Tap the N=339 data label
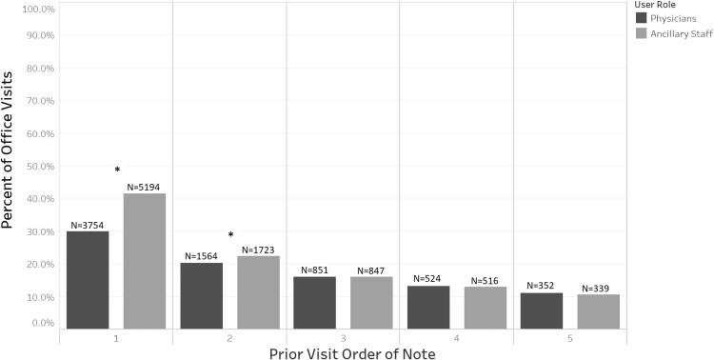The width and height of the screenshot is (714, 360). (599, 288)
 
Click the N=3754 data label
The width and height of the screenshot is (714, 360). (87, 225)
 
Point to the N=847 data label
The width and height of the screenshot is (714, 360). (371, 270)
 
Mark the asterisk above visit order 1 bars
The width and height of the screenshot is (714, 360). (117, 171)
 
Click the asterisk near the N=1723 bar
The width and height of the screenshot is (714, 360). (230, 235)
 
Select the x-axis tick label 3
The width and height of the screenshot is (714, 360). (343, 338)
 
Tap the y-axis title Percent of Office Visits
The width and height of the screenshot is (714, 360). (9, 167)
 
